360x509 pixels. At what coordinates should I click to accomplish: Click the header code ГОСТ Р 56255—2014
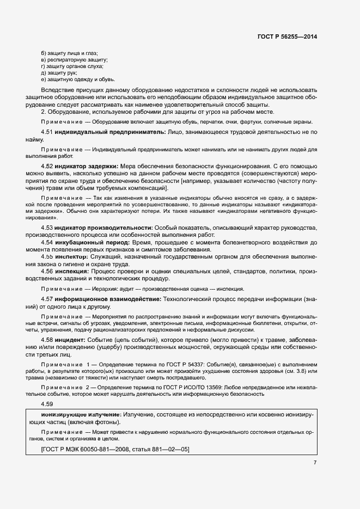point(287,36)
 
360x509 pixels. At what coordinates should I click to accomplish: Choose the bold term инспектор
point(72,254)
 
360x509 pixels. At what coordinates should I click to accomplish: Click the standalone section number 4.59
point(47,404)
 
